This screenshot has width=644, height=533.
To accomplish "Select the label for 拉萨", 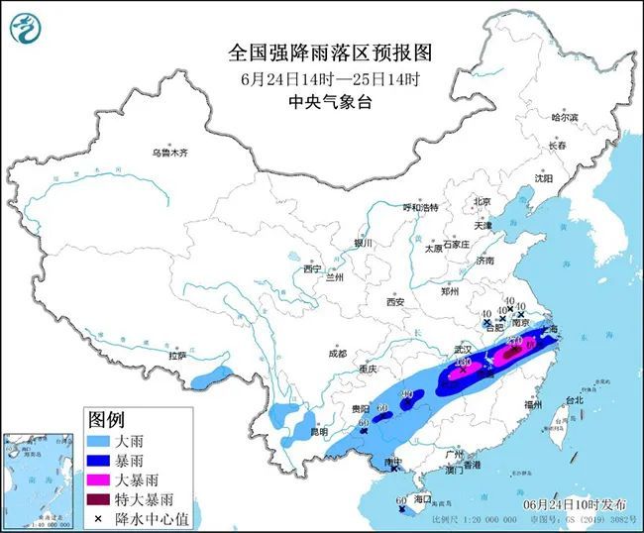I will coord(177,355).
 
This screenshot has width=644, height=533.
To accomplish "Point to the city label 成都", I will coord(337,354).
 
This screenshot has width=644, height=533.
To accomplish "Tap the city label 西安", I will coord(396,300).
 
